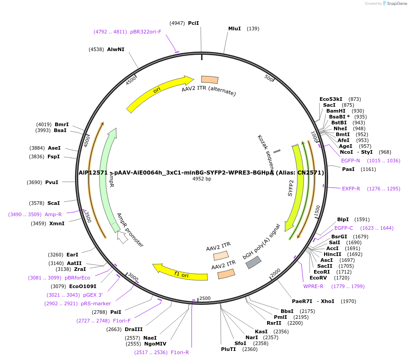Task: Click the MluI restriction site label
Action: point(234,28)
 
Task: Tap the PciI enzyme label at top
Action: point(193,23)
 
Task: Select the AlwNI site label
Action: point(116,49)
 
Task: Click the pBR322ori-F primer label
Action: point(146,32)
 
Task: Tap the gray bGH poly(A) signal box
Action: point(254,262)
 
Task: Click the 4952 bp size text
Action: point(202,179)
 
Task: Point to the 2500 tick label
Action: point(205,298)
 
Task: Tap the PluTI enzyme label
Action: point(229,349)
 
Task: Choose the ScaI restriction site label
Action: point(53,203)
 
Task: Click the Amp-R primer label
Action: point(53,214)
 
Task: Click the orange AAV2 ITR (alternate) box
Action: point(210,80)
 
